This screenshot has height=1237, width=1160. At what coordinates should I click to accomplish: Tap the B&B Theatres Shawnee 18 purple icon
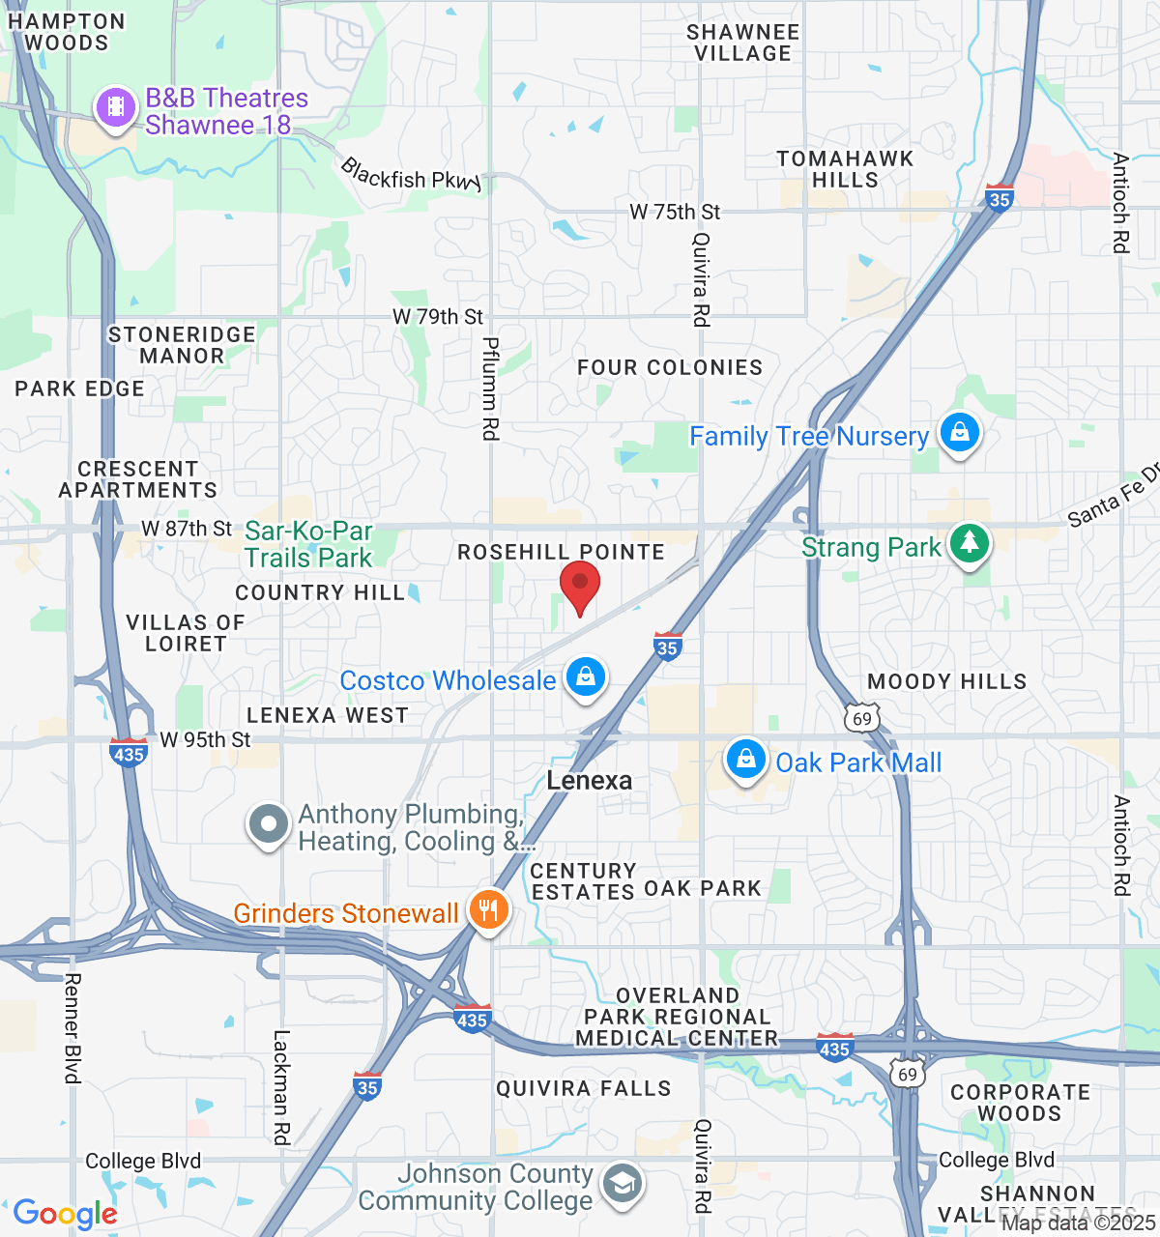116,106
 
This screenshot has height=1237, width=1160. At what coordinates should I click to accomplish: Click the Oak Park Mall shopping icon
745,760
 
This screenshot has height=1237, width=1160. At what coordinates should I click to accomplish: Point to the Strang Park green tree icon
970,543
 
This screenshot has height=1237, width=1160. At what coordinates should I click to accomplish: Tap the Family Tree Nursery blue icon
959,433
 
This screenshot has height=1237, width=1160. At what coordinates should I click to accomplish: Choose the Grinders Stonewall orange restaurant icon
489,909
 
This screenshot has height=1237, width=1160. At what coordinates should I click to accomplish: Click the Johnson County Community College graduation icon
623,1183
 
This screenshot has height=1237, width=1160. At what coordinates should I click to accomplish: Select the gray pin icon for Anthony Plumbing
269,824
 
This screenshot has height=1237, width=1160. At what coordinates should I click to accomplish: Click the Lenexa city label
590,781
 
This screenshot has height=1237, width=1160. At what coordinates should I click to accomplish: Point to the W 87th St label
187,529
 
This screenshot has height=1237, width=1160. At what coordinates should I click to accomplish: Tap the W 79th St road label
438,317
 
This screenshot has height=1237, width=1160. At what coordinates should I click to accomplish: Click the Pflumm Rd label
491,388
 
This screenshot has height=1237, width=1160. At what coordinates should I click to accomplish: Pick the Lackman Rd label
281,1087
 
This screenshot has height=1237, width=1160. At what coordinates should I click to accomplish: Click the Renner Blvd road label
72,1028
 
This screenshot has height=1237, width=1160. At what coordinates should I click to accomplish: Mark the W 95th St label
205,740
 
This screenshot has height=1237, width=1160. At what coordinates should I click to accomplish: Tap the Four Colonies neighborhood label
670,368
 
